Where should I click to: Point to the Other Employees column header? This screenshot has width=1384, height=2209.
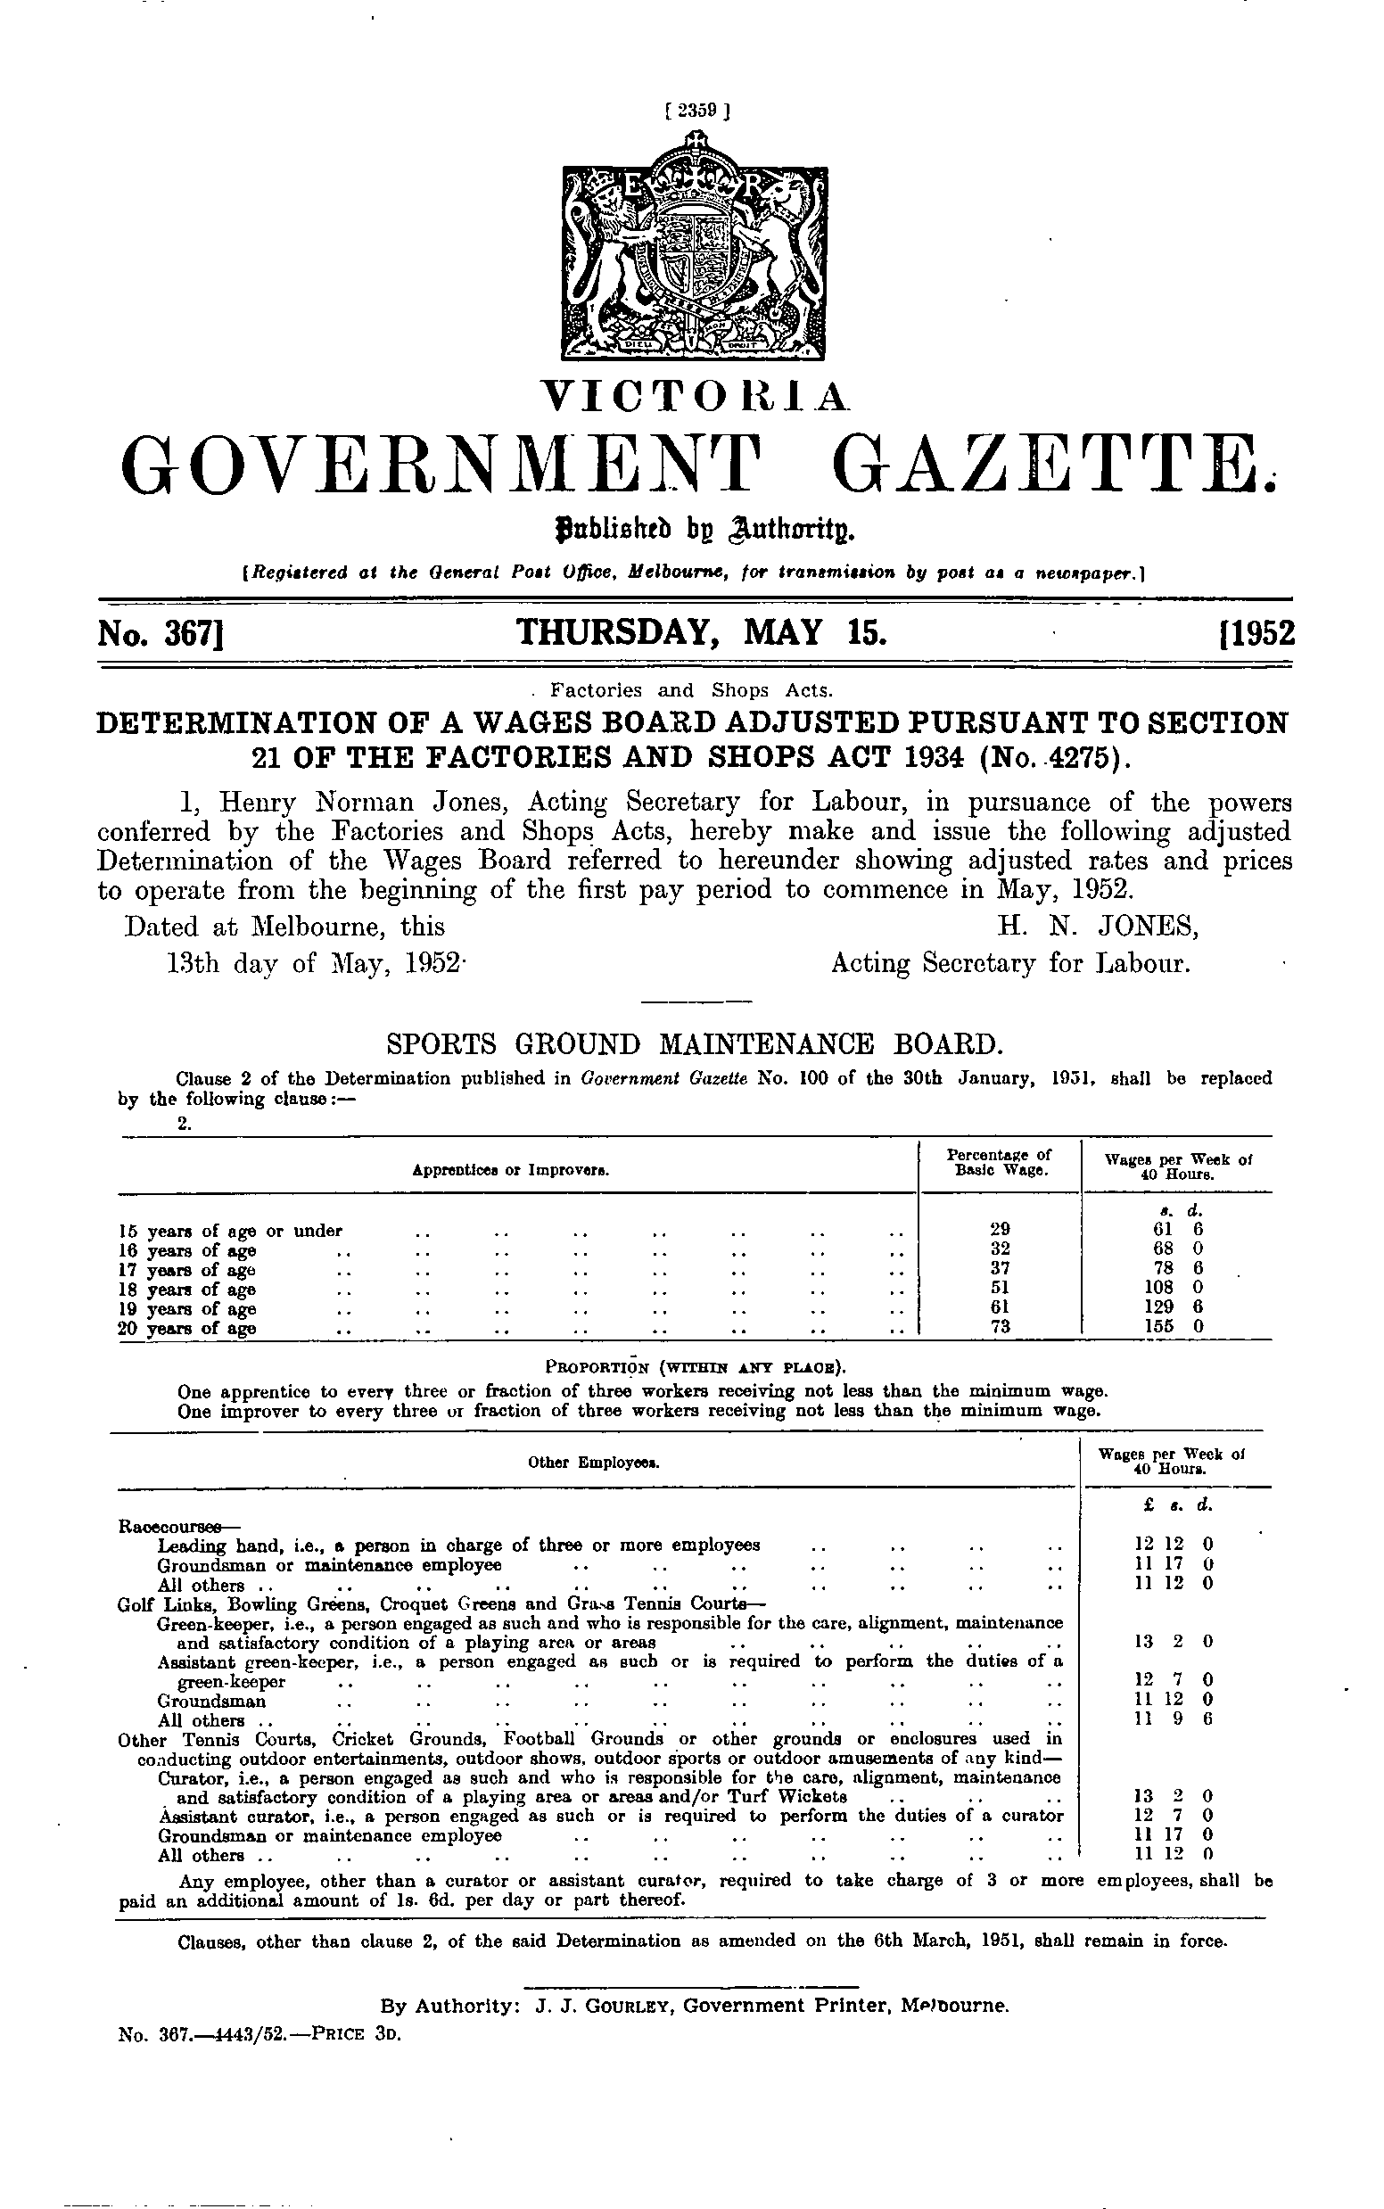(595, 1463)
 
